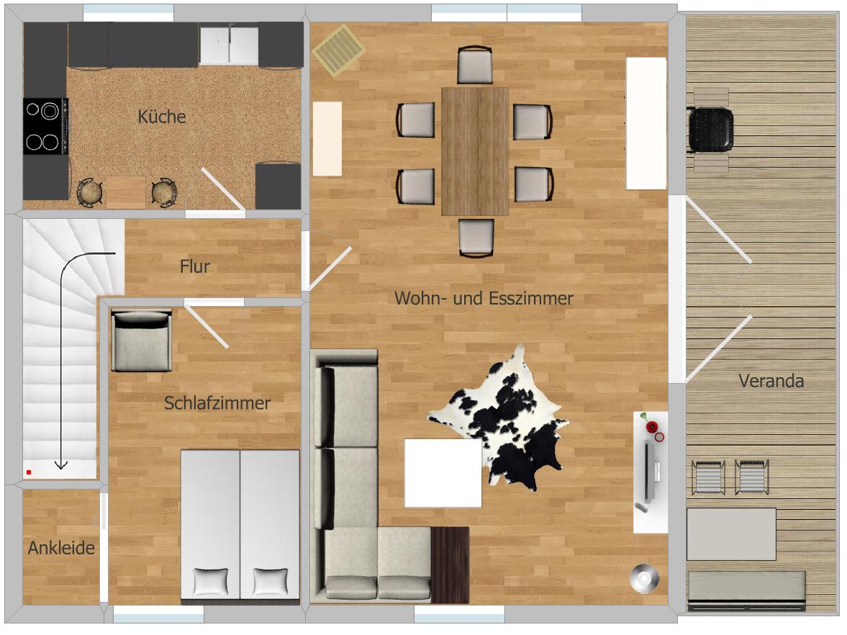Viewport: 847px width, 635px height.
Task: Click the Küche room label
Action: click(161, 117)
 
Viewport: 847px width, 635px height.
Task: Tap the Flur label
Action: click(195, 266)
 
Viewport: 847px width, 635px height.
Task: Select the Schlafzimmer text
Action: click(217, 403)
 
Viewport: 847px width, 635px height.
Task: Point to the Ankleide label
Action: click(61, 548)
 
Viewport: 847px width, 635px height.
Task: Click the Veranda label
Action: click(771, 381)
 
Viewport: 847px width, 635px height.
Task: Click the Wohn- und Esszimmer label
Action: click(484, 298)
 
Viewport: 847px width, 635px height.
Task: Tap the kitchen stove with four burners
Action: click(46, 126)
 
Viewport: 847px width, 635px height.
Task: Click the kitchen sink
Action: click(229, 45)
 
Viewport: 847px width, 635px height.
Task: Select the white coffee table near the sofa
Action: click(443, 473)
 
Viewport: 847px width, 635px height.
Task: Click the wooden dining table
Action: click(476, 151)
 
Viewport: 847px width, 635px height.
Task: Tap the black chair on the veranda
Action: click(710, 130)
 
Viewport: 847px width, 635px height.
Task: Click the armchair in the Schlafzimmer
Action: click(142, 341)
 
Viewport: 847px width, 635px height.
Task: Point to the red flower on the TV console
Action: click(651, 427)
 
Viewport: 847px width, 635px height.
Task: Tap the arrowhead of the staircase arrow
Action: click(60, 465)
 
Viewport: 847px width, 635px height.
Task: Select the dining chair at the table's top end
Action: click(475, 65)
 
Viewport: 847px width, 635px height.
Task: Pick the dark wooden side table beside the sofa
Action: click(450, 564)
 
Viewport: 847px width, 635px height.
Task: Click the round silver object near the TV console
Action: click(645, 578)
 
